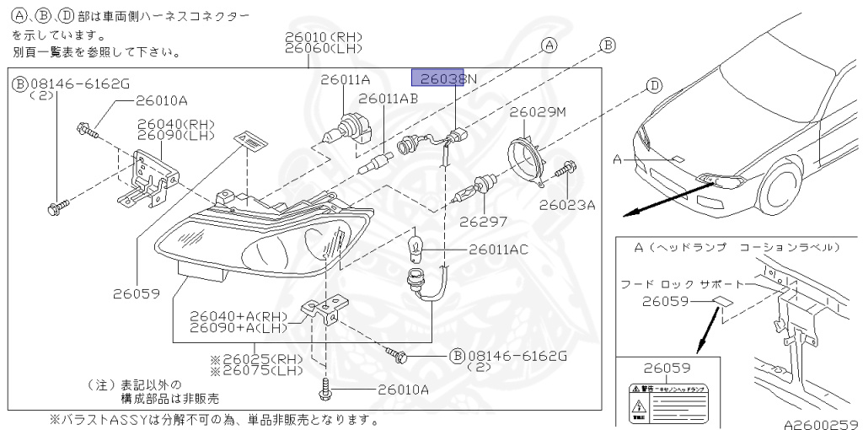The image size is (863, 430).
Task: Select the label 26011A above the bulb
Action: [x=345, y=79]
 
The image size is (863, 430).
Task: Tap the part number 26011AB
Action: [x=389, y=99]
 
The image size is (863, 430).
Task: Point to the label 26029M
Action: [x=538, y=111]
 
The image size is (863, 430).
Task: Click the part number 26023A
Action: [x=567, y=204]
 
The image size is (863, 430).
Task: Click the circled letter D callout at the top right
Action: [x=654, y=84]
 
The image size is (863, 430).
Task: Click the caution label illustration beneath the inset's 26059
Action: [x=670, y=399]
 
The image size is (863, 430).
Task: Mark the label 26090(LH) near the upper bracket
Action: [x=176, y=136]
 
